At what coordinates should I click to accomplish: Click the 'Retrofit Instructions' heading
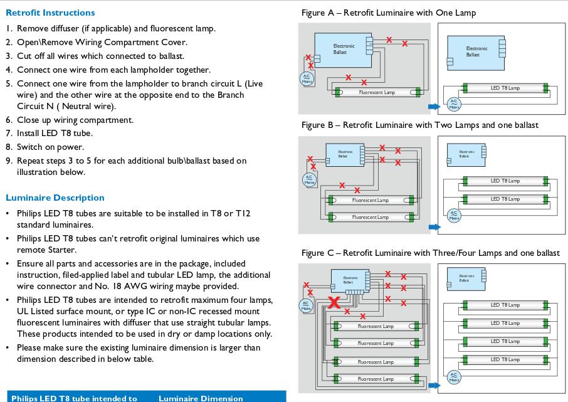tap(50, 13)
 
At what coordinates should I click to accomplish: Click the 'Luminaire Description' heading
tap(55, 198)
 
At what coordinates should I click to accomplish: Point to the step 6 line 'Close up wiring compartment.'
tap(75, 120)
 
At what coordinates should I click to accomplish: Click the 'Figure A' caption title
tap(388, 13)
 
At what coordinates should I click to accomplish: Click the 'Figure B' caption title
tap(419, 125)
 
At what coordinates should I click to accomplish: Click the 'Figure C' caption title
tap(430, 253)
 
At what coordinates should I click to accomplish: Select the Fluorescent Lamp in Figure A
tap(376, 93)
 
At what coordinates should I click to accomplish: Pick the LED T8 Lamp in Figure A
tap(505, 88)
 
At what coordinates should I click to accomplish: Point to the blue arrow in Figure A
tap(434, 106)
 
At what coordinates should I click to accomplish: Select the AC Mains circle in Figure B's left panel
tap(309, 179)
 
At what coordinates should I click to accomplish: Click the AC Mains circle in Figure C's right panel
tap(454, 377)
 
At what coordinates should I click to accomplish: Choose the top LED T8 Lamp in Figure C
tap(505, 305)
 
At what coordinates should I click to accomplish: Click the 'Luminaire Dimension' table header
tap(201, 398)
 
